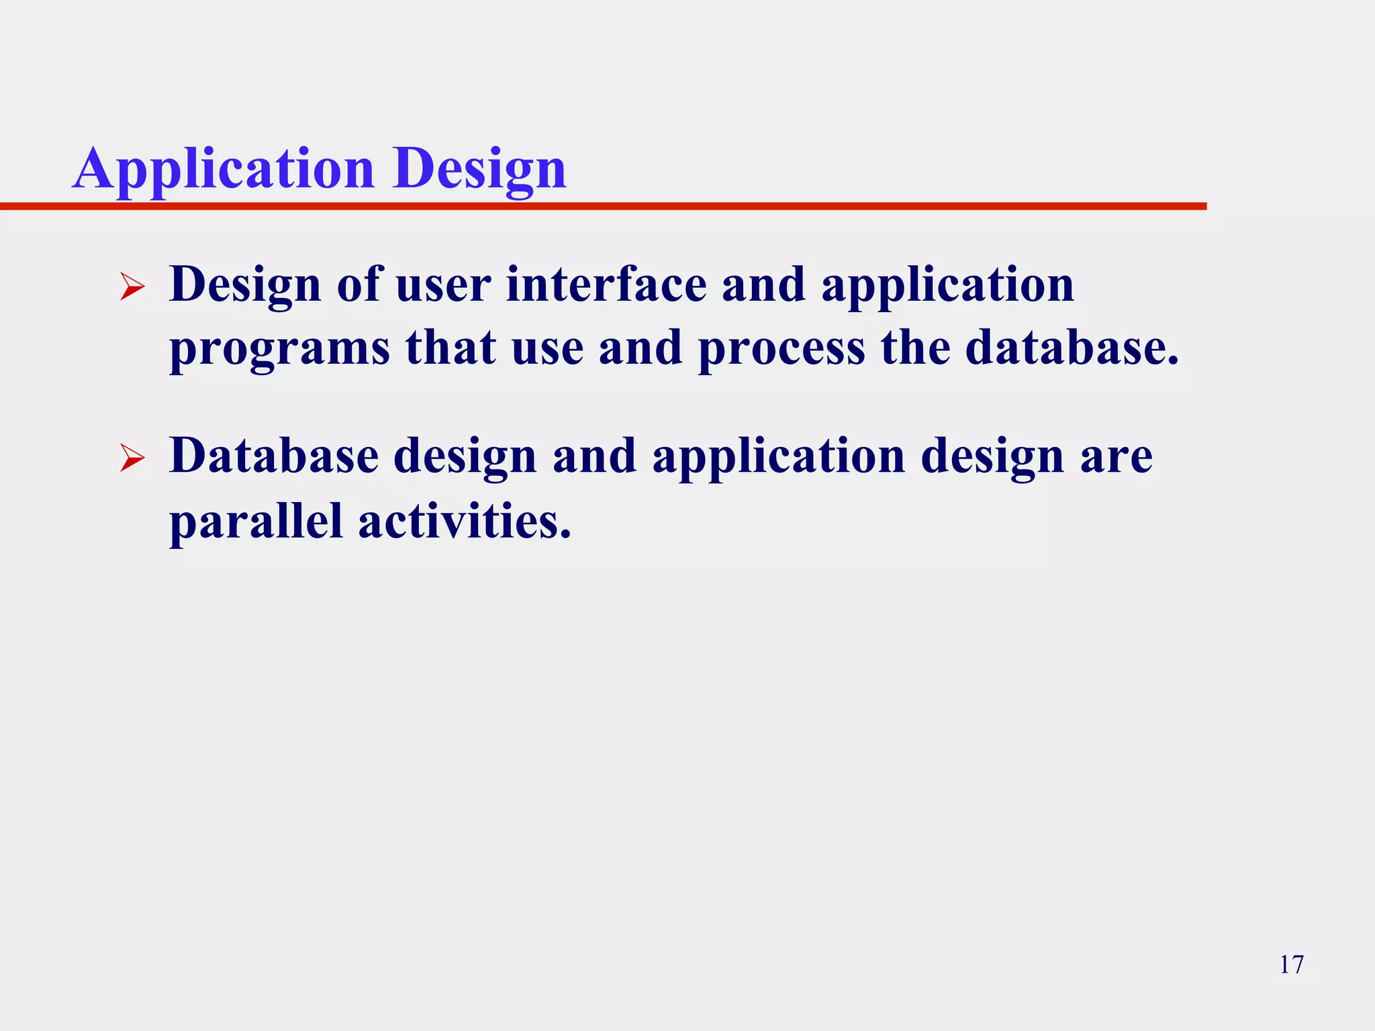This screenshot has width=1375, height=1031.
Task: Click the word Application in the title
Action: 223,169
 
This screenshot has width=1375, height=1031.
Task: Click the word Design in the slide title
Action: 479,169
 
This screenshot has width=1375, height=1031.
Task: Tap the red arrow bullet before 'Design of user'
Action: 132,288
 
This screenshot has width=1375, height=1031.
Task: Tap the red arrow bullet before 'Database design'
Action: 132,460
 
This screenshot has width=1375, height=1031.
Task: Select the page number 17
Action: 1291,965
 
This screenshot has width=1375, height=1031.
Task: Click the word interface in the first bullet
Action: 606,285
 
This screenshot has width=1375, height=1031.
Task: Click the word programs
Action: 279,349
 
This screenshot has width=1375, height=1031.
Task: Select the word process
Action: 781,349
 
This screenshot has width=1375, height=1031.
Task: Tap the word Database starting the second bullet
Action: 274,456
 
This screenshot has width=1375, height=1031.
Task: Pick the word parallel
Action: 256,521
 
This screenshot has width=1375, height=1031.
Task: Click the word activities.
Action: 465,521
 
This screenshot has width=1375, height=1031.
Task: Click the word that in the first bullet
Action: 451,348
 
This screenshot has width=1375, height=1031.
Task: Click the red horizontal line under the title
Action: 604,206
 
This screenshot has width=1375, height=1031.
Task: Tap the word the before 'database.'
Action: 915,348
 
